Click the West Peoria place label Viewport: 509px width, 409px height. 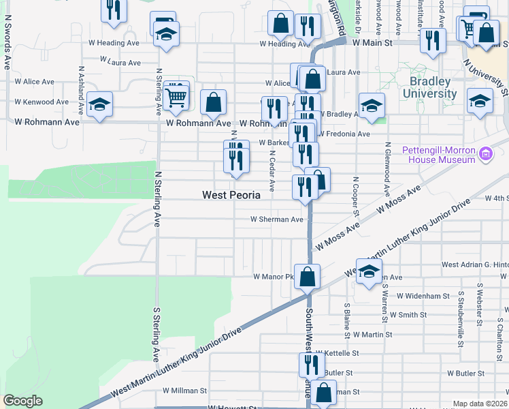tap(231, 195)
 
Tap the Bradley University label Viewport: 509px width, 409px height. tap(429, 87)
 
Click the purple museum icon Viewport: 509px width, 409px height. tap(485, 154)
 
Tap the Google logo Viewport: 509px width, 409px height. tap(22, 401)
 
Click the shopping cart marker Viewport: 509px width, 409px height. tap(176, 97)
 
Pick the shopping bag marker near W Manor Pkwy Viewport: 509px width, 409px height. tap(308, 277)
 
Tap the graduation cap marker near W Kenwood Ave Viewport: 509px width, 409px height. tap(99, 105)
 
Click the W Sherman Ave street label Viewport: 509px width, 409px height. tap(276, 219)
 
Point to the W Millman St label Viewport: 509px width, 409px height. tap(184, 391)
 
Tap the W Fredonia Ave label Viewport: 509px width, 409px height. tap(344, 134)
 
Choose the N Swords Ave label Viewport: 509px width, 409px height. tap(7, 48)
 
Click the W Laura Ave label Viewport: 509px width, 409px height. tap(120, 62)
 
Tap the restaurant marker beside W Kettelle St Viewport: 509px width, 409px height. tap(308, 365)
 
